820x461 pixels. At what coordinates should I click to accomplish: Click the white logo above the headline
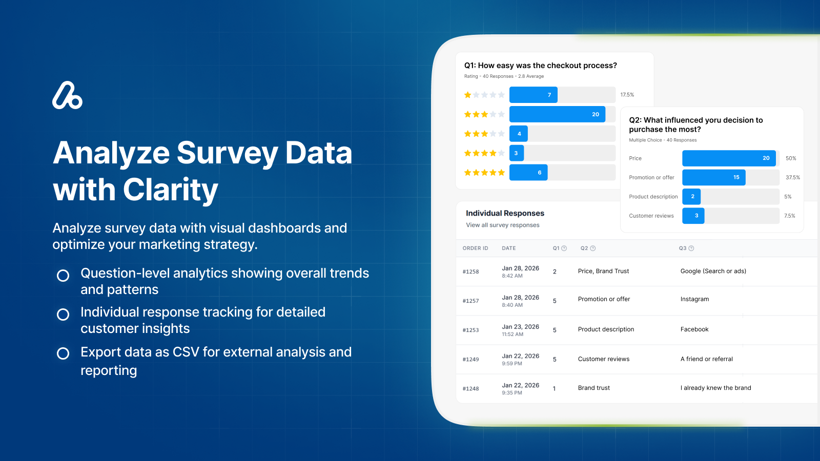pos(67,95)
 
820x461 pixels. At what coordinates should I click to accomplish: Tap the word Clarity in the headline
pos(170,190)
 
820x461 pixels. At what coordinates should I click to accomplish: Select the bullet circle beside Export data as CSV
pos(63,353)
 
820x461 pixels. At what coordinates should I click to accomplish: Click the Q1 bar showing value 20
pos(557,114)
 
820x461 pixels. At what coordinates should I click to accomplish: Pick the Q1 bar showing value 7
pos(533,95)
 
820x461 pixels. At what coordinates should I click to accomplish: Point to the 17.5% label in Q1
pos(627,95)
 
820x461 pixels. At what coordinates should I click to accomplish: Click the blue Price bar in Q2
pos(728,158)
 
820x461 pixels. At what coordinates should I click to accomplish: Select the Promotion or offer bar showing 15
pos(713,177)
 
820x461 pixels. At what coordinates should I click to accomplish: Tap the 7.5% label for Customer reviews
pos(789,216)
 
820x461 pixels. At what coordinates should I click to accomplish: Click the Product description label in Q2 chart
pos(653,197)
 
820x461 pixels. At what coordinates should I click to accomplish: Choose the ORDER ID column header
pos(475,248)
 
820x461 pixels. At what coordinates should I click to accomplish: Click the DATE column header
pos(508,248)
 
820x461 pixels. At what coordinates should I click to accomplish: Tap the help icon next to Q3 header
pos(691,248)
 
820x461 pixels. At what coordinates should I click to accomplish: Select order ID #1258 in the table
pos(470,271)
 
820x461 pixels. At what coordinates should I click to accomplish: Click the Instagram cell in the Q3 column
pos(694,299)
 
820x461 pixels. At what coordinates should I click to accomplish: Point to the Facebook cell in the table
pos(694,329)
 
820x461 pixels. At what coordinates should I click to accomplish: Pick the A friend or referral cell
pos(706,359)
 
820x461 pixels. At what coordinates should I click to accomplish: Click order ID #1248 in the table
pos(470,389)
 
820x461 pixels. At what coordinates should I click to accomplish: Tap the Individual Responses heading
pos(505,213)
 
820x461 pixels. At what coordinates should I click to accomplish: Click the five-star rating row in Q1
pos(484,173)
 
